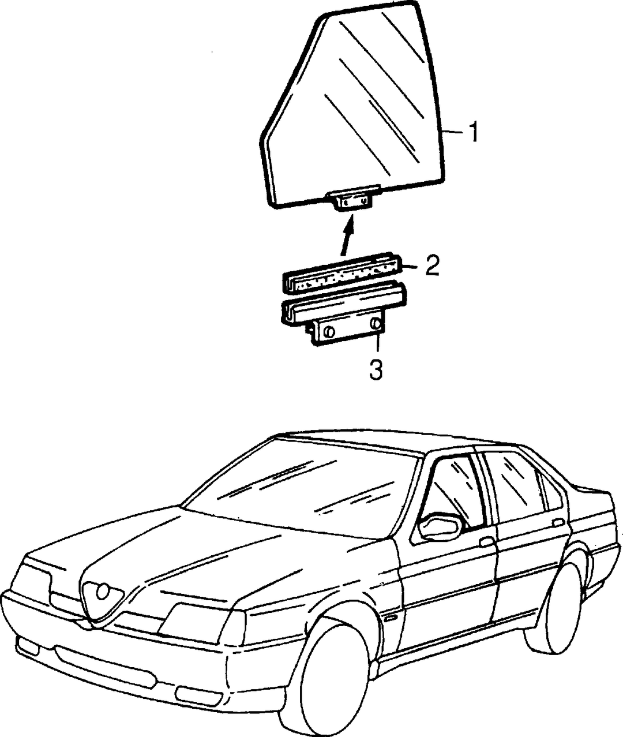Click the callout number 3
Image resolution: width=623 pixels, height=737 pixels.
pyautogui.click(x=376, y=371)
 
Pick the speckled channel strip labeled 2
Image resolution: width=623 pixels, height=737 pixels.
pyautogui.click(x=342, y=274)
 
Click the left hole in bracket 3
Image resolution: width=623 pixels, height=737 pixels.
pyautogui.click(x=329, y=332)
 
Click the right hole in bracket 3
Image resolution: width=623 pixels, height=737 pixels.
pyautogui.click(x=376, y=324)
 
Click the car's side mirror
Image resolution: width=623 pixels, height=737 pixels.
pyautogui.click(x=441, y=526)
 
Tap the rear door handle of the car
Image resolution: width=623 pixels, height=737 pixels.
pyautogui.click(x=558, y=522)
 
